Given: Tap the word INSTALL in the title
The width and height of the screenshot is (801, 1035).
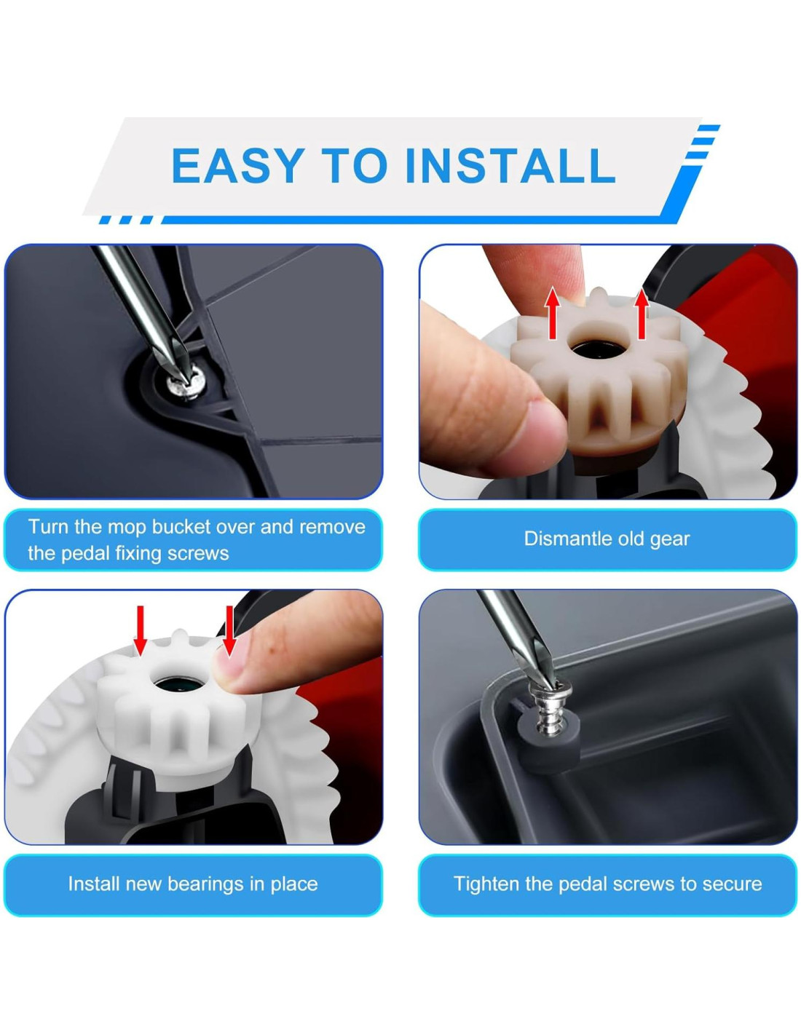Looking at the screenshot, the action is pyautogui.click(x=510, y=165).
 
